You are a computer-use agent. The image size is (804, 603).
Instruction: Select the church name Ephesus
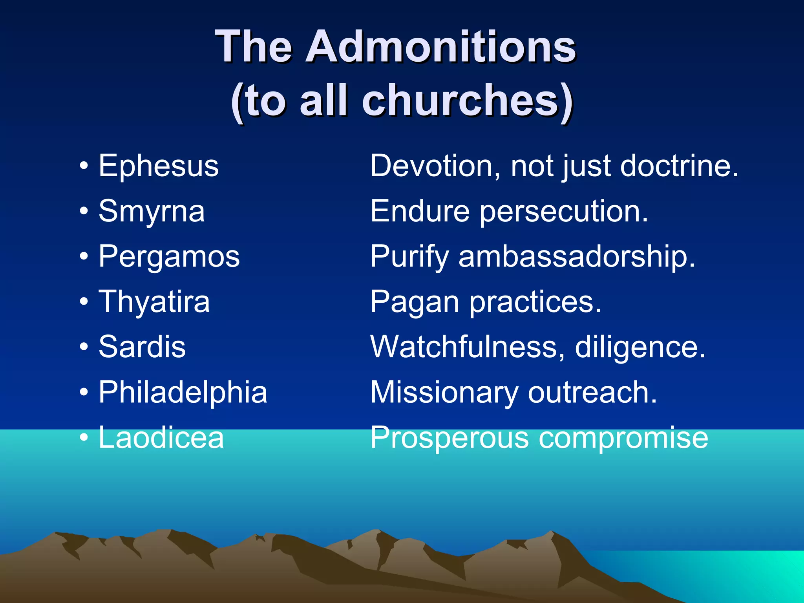[x=159, y=166]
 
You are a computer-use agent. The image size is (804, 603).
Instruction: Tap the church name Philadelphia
[x=183, y=392]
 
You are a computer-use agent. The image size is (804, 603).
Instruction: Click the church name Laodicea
[x=161, y=437]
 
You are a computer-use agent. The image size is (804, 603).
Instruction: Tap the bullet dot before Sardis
[x=83, y=347]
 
